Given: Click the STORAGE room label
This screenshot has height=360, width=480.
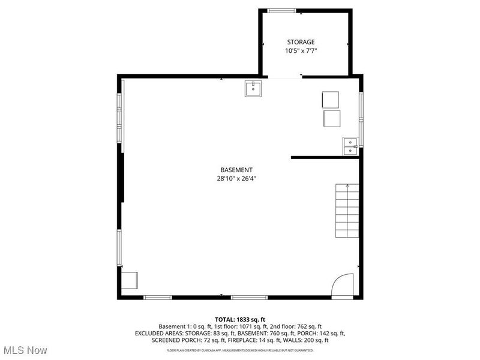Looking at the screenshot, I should pyautogui.click(x=301, y=42).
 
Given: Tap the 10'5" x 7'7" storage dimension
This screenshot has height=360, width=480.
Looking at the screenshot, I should pyautogui.click(x=301, y=51).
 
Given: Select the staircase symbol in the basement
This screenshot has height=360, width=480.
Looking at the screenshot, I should pyautogui.click(x=347, y=210).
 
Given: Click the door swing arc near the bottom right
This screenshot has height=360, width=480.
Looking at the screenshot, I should pyautogui.click(x=344, y=285).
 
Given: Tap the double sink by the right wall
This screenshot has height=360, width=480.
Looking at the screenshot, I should pyautogui.click(x=350, y=146).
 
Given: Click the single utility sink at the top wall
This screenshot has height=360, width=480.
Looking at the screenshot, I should pyautogui.click(x=253, y=89).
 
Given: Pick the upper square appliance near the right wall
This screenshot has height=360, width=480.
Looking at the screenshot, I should pyautogui.click(x=331, y=99).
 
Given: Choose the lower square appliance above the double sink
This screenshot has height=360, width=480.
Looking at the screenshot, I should pyautogui.click(x=332, y=118).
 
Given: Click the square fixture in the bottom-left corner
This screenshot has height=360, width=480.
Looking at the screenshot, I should pyautogui.click(x=130, y=280).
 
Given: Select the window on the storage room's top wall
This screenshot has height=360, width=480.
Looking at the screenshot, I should pyautogui.click(x=281, y=10).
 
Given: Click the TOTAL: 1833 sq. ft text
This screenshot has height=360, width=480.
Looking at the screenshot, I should pyautogui.click(x=240, y=319).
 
